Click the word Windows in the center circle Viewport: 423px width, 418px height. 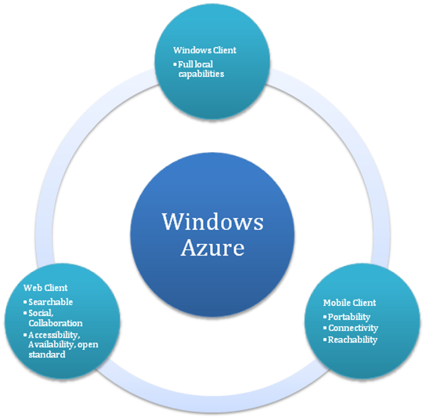tap(213, 221)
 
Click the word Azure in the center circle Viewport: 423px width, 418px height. tap(212, 248)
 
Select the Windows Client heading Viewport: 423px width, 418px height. tap(204, 50)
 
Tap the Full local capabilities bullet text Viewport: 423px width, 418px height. tap(201, 69)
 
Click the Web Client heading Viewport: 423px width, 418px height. tap(45, 288)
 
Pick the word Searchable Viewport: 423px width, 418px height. tap(51, 302)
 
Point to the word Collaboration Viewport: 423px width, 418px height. tap(56, 323)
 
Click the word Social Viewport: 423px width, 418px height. tap(41, 313)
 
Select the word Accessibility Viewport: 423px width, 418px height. tap(54, 335)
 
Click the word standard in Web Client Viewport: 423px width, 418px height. tap(47, 354)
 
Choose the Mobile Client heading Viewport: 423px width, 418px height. tap(349, 303)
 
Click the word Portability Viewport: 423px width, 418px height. tap(349, 317)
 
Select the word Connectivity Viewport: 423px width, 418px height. tap(353, 328)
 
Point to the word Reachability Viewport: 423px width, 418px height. tap(352, 340)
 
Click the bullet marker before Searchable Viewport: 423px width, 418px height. tap(25, 302)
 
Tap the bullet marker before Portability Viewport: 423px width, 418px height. tap(325, 317)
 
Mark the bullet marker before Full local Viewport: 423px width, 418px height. tap(175, 64)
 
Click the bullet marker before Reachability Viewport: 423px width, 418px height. tap(325, 340)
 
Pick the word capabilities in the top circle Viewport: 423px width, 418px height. tap(201, 74)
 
